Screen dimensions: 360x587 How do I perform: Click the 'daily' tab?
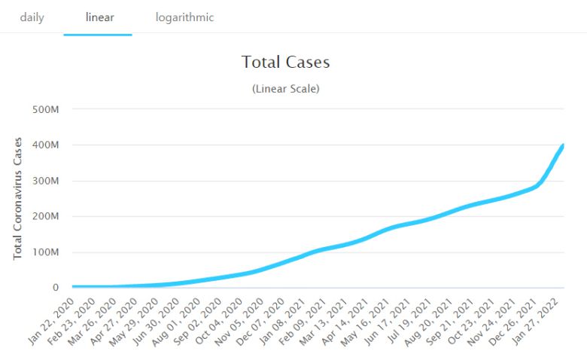[32, 17]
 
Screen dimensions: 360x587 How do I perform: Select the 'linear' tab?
[99, 17]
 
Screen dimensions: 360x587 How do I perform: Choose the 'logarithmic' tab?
[184, 17]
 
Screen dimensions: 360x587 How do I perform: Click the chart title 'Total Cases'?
[285, 62]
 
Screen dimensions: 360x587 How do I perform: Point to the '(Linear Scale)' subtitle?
[285, 89]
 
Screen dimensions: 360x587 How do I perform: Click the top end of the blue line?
[563, 145]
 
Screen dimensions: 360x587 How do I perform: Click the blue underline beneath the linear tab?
[98, 34]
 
